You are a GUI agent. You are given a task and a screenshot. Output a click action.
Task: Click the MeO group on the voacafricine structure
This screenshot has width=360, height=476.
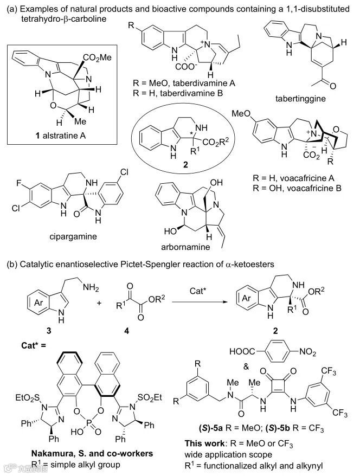pos(242,113)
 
